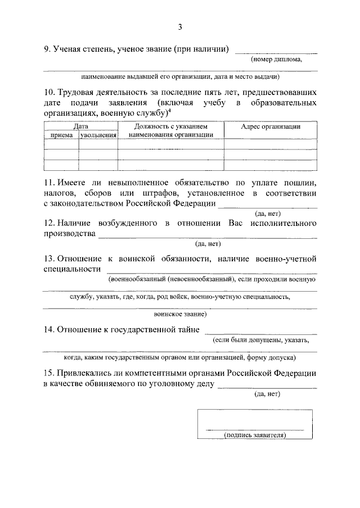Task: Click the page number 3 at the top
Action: [x=180, y=26]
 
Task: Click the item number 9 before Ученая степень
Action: [x=47, y=49]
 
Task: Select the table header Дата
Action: [x=80, y=127]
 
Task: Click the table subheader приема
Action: [x=61, y=135]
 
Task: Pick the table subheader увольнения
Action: [x=98, y=135]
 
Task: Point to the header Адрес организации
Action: [x=270, y=127]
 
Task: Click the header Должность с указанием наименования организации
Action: [x=170, y=131]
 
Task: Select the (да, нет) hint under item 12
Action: [x=208, y=244]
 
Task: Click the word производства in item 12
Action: [x=69, y=234]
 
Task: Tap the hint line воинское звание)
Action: [x=180, y=314]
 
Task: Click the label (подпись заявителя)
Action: [x=255, y=435]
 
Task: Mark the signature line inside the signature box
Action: [x=255, y=429]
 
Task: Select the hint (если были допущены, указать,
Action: [x=260, y=340]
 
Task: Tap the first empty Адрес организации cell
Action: [x=270, y=144]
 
